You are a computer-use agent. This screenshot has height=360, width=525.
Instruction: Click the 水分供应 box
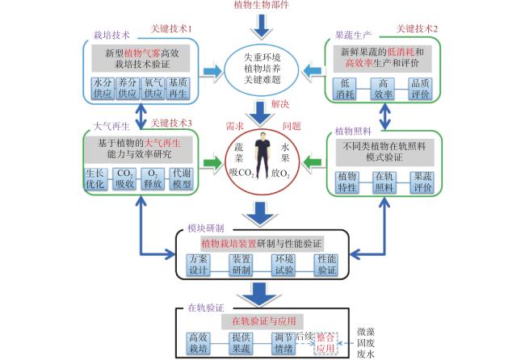pyautogui.click(x=103, y=88)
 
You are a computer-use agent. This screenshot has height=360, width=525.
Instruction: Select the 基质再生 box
pyautogui.click(x=178, y=88)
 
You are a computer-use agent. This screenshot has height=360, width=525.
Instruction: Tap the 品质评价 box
pyautogui.click(x=420, y=89)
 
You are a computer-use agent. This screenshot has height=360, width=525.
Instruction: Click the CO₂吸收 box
pyautogui.click(x=124, y=179)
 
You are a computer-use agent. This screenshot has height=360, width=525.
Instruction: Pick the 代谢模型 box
pyautogui.click(x=181, y=179)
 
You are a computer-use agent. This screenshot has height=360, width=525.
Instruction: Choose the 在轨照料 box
pyautogui.click(x=384, y=182)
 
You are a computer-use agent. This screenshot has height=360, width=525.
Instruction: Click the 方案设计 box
pyautogui.click(x=198, y=265)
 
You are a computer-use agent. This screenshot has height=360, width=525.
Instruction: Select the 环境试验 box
pyautogui.click(x=283, y=265)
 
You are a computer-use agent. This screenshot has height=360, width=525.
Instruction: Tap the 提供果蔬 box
pyautogui.click(x=241, y=343)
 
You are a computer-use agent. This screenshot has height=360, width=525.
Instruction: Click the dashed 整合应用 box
pyautogui.click(x=325, y=343)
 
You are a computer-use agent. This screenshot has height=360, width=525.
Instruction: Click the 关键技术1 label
pyautogui.click(x=171, y=29)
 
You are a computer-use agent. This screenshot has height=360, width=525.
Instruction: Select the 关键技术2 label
pyautogui.click(x=417, y=29)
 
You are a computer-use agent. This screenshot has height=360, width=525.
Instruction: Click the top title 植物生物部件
pyautogui.click(x=261, y=5)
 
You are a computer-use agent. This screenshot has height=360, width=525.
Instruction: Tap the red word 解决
pyautogui.click(x=280, y=104)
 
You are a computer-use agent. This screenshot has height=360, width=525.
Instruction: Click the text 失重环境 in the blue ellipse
pyautogui.click(x=262, y=57)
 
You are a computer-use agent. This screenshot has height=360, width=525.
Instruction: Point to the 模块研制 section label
pyautogui.click(x=206, y=228)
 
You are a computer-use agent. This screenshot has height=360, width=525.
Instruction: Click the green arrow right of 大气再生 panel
pyautogui.click(x=212, y=163)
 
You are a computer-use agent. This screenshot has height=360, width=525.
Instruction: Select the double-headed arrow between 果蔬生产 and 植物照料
pyautogui.click(x=385, y=116)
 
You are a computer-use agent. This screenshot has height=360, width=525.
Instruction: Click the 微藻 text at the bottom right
pyautogui.click(x=366, y=332)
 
